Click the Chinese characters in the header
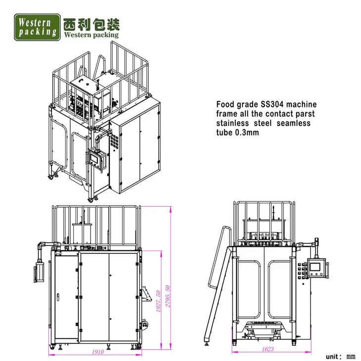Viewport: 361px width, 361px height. (91, 23)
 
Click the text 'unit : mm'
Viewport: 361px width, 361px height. (341, 356)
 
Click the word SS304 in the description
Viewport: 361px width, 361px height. (271, 105)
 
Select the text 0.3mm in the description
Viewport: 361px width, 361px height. (247, 133)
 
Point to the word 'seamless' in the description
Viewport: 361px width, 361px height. (295, 123)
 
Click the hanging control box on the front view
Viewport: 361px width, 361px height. (38, 271)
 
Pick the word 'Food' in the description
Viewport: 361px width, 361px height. (225, 105)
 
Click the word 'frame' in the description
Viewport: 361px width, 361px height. (226, 114)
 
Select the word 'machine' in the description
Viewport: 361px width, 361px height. (301, 105)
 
